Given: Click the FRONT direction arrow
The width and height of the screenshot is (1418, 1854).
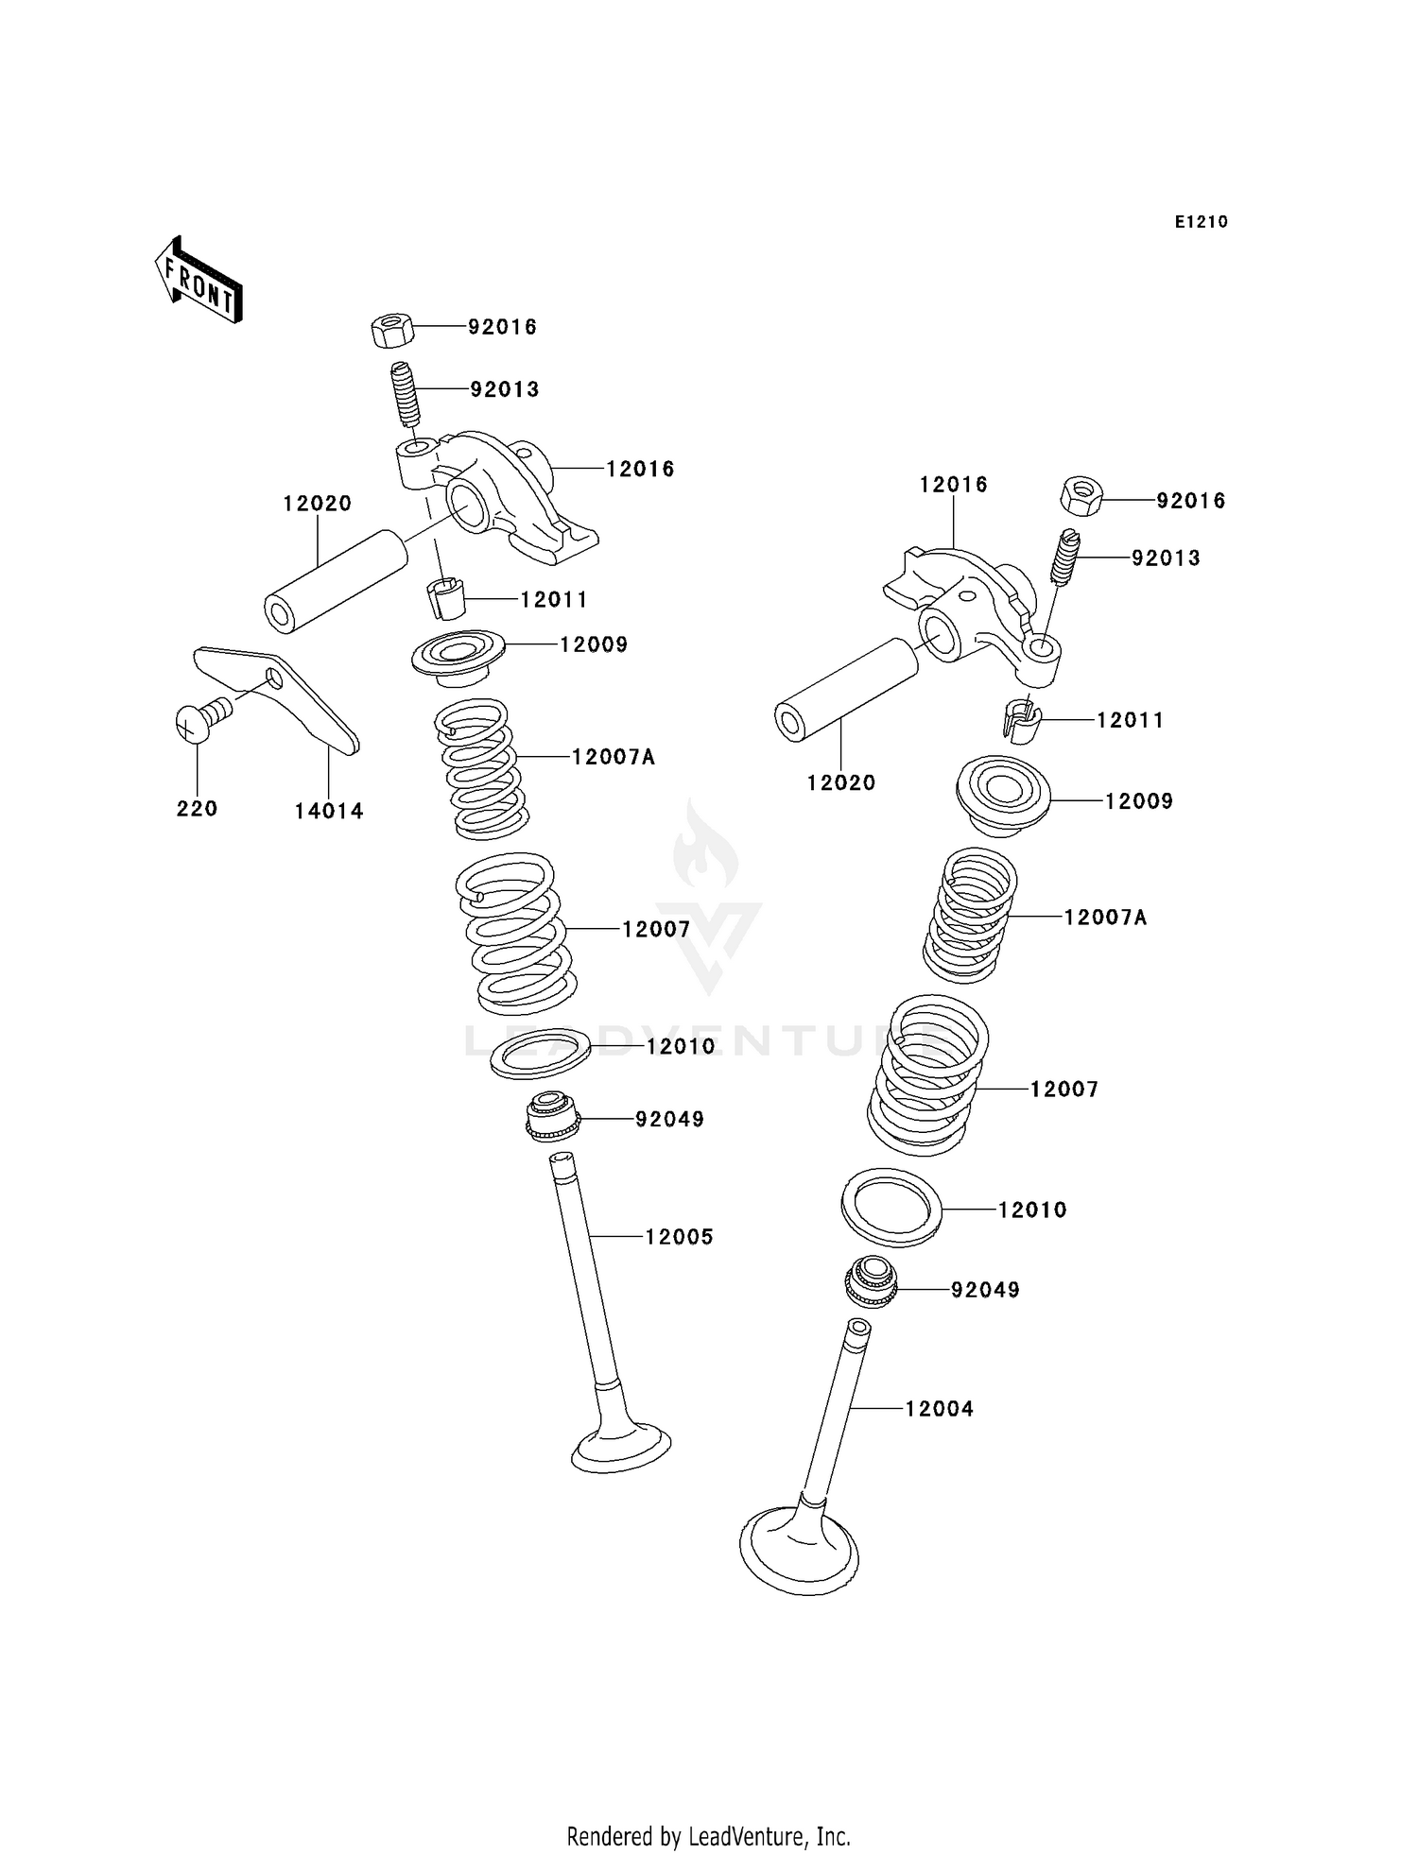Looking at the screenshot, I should [199, 281].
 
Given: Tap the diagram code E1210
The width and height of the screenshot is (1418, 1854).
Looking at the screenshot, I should [1201, 222].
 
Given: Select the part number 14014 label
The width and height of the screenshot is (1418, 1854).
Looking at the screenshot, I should [328, 811].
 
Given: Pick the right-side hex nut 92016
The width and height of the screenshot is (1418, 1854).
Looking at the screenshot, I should [1081, 496].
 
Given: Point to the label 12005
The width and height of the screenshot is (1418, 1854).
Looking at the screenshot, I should [679, 1237].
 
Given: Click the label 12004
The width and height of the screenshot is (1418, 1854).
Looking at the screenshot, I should [939, 1409].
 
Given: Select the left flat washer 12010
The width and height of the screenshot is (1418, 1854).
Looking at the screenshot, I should [540, 1054].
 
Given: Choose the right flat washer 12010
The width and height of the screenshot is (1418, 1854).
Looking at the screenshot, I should [891, 1208].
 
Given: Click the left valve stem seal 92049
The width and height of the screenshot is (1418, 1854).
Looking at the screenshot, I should [552, 1116].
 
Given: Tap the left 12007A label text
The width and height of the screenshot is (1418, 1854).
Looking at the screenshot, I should [613, 757].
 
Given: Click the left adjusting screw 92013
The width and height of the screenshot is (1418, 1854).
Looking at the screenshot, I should [406, 394].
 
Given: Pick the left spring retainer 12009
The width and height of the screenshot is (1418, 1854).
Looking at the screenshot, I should [458, 655].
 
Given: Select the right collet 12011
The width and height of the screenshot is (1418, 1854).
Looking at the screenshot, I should [1020, 721].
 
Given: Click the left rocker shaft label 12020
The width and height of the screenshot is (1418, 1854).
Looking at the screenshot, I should [317, 504].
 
